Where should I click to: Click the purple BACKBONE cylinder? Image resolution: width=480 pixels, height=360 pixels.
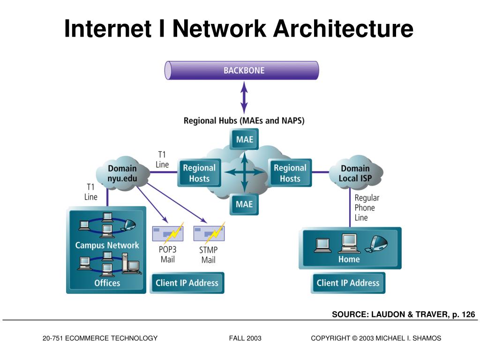pyautogui.click(x=242, y=70)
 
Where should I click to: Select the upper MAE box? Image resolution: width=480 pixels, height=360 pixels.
pyautogui.click(x=244, y=139)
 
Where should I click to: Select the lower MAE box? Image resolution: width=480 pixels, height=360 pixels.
pyautogui.click(x=244, y=204)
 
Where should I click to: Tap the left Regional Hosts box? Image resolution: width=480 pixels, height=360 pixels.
pyautogui.click(x=199, y=173)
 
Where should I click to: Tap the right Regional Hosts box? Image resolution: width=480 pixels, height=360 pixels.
pyautogui.click(x=290, y=173)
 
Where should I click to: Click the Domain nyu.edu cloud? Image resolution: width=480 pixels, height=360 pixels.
pyautogui.click(x=122, y=173)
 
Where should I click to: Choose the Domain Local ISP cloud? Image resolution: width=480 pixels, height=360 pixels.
pyautogui.click(x=355, y=173)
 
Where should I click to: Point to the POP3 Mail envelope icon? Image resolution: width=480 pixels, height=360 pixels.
pyautogui.click(x=168, y=233)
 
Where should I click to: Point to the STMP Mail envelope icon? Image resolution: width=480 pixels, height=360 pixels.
pyautogui.click(x=209, y=233)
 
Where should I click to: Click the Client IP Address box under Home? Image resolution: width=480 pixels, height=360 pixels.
pyautogui.click(x=348, y=283)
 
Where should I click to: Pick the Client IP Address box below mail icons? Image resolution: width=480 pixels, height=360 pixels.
pyautogui.click(x=187, y=283)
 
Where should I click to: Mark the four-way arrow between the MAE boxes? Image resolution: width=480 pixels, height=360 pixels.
pyautogui.click(x=244, y=172)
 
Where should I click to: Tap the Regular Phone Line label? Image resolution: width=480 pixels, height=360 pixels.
pyautogui.click(x=367, y=208)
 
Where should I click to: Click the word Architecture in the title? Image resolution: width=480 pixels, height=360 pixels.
pyautogui.click(x=344, y=29)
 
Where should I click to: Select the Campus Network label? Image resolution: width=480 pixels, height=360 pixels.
pyautogui.click(x=107, y=245)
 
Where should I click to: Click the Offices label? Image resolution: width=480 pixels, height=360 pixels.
pyautogui.click(x=107, y=283)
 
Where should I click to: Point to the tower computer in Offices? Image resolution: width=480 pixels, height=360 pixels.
pyautogui.click(x=125, y=263)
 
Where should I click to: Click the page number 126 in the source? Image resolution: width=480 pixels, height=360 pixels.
pyautogui.click(x=468, y=315)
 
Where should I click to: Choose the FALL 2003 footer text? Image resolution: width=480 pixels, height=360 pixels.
pyautogui.click(x=245, y=338)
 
